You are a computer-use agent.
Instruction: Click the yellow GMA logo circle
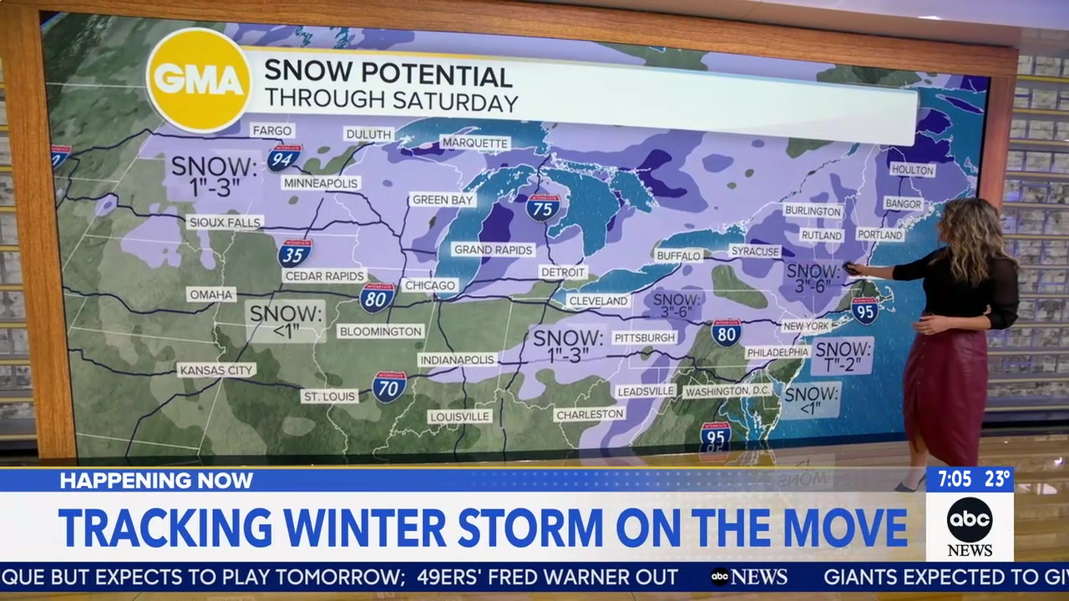(x=199, y=80)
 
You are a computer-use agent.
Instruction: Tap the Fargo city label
(x=272, y=131)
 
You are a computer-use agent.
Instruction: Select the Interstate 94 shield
(x=284, y=156)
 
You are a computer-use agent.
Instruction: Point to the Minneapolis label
(x=321, y=183)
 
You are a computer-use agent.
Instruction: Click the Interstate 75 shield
(x=543, y=206)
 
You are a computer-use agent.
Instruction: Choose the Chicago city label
(x=430, y=285)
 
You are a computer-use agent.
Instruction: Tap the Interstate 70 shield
(x=389, y=386)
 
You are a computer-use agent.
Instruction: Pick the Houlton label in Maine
(x=912, y=169)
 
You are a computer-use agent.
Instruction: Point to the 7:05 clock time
(x=954, y=479)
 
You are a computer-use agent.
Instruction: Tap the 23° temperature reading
(x=996, y=479)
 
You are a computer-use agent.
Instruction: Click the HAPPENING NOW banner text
(x=156, y=480)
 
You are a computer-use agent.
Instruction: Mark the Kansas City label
(x=217, y=370)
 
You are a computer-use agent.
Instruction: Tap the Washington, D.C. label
(x=727, y=391)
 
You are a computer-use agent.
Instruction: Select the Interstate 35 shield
(x=295, y=252)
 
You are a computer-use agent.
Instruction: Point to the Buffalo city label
(x=678, y=255)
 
